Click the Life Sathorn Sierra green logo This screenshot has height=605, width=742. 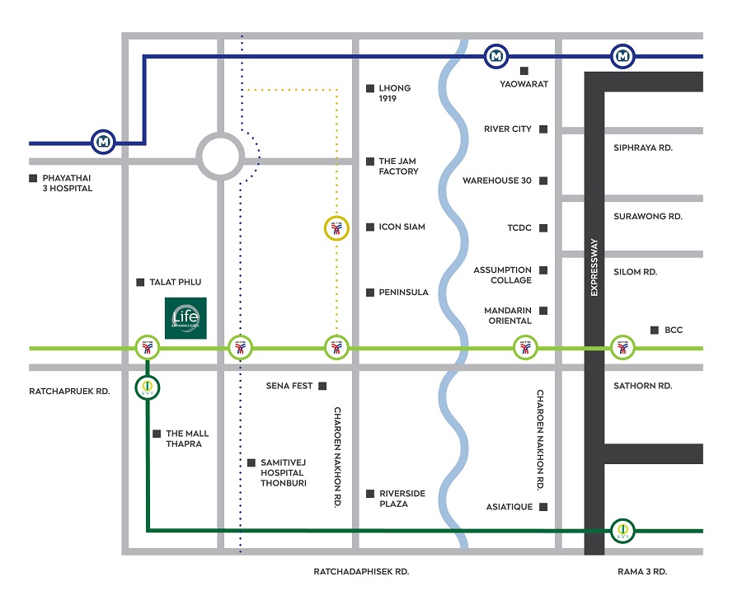click(x=186, y=317)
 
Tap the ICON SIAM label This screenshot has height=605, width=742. click(x=402, y=227)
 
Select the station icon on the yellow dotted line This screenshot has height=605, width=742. click(x=335, y=227)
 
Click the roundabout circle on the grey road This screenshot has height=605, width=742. click(x=220, y=156)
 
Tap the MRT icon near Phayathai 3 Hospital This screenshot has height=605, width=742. click(x=103, y=142)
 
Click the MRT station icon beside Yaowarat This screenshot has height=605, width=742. click(x=495, y=56)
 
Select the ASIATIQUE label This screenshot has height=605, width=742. click(x=510, y=507)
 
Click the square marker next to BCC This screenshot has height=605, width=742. click(x=655, y=330)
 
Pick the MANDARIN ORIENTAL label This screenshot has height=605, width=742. click(x=508, y=316)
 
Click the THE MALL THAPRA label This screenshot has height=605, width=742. click(x=187, y=439)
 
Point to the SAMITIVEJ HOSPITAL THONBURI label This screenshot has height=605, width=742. click(x=282, y=472)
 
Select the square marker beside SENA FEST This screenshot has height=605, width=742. click(x=322, y=386)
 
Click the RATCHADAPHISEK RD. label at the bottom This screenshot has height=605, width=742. click(x=361, y=571)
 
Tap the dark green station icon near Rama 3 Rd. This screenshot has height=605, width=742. click(x=623, y=530)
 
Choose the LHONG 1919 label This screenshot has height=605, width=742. click(x=394, y=93)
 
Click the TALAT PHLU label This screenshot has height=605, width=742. click(x=176, y=282)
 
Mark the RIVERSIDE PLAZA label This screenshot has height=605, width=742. click(x=402, y=498)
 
